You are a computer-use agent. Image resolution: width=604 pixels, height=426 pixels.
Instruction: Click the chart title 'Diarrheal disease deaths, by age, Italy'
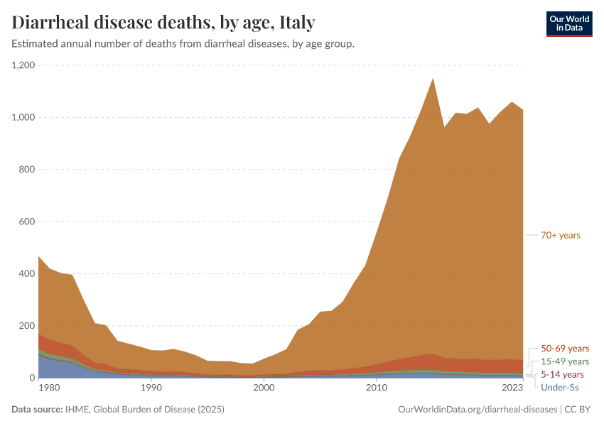point(163,22)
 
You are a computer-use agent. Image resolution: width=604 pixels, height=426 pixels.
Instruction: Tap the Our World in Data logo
point(568,23)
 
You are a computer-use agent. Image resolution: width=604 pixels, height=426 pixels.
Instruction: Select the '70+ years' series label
point(560,235)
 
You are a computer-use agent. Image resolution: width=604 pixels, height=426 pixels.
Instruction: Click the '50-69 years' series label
point(565,349)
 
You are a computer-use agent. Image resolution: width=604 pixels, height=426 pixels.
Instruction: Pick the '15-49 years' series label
point(565,361)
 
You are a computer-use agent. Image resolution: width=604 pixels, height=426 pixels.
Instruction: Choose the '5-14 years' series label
point(562,374)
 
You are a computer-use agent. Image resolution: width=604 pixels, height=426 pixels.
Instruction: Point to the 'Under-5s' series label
point(560,387)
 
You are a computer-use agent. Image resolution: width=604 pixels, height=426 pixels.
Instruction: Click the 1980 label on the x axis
point(48,388)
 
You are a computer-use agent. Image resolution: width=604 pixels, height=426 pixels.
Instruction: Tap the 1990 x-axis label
point(151,388)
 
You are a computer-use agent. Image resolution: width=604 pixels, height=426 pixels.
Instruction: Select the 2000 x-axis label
point(264,388)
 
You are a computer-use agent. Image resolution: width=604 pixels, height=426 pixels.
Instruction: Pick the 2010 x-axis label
point(377,388)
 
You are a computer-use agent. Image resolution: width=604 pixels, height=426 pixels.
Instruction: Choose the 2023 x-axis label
point(513,388)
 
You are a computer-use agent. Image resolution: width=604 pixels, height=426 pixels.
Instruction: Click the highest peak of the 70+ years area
point(433,80)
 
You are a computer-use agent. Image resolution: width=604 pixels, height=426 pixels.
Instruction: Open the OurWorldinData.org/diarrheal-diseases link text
point(478,410)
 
